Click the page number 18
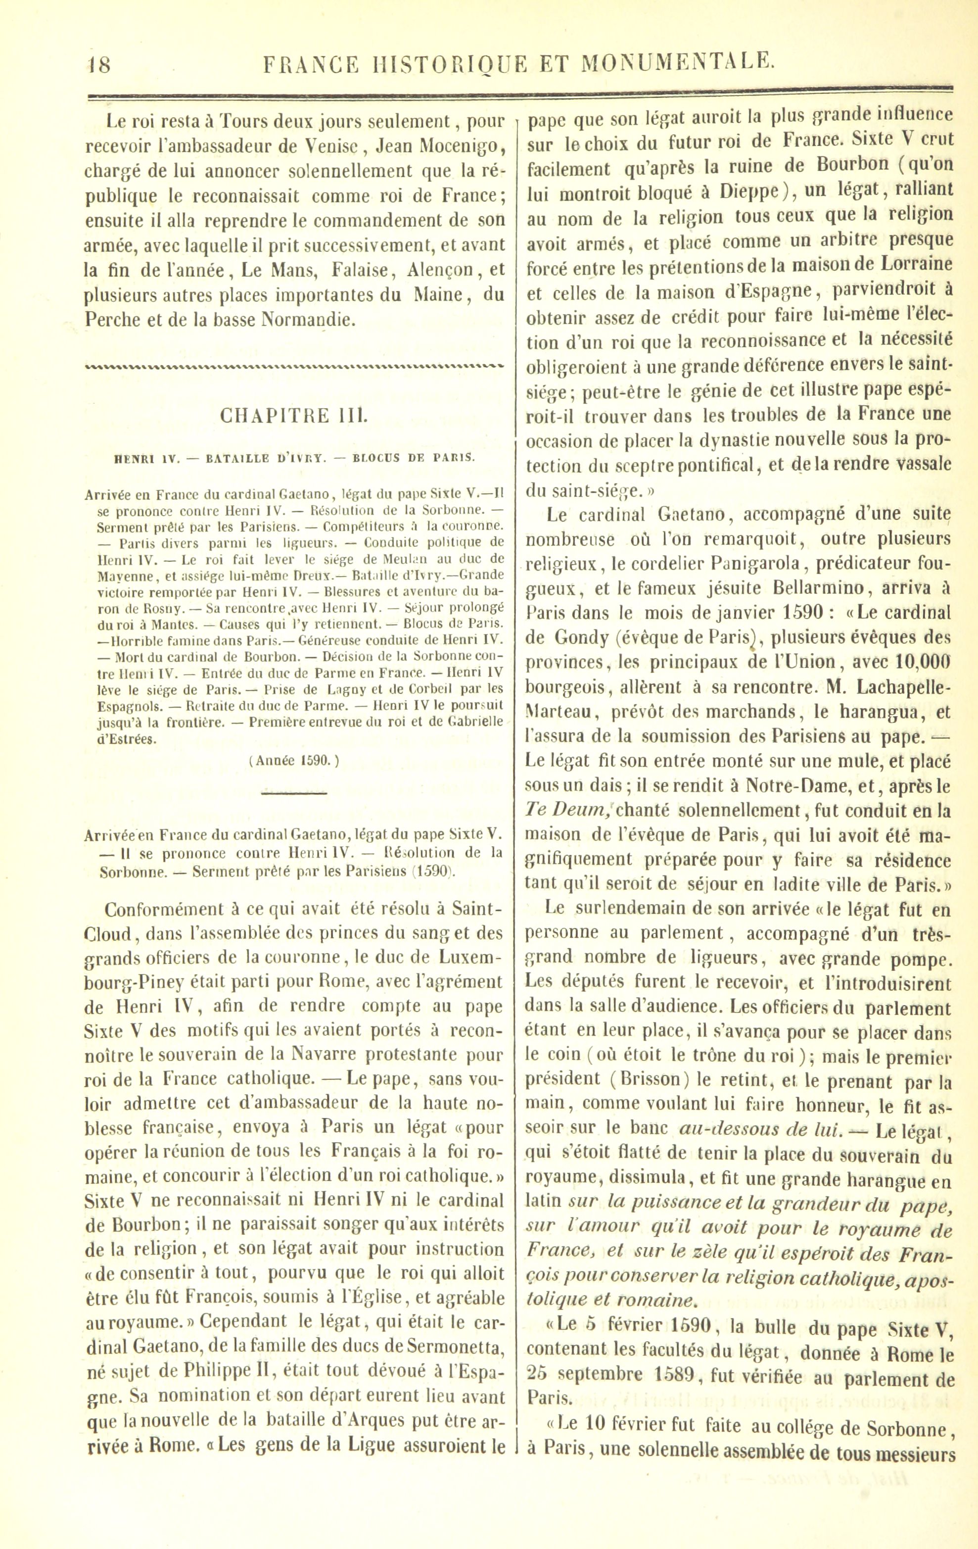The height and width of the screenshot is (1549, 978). (x=98, y=64)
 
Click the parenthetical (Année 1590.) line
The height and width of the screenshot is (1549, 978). (x=293, y=760)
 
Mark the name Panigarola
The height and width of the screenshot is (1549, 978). (x=753, y=564)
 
